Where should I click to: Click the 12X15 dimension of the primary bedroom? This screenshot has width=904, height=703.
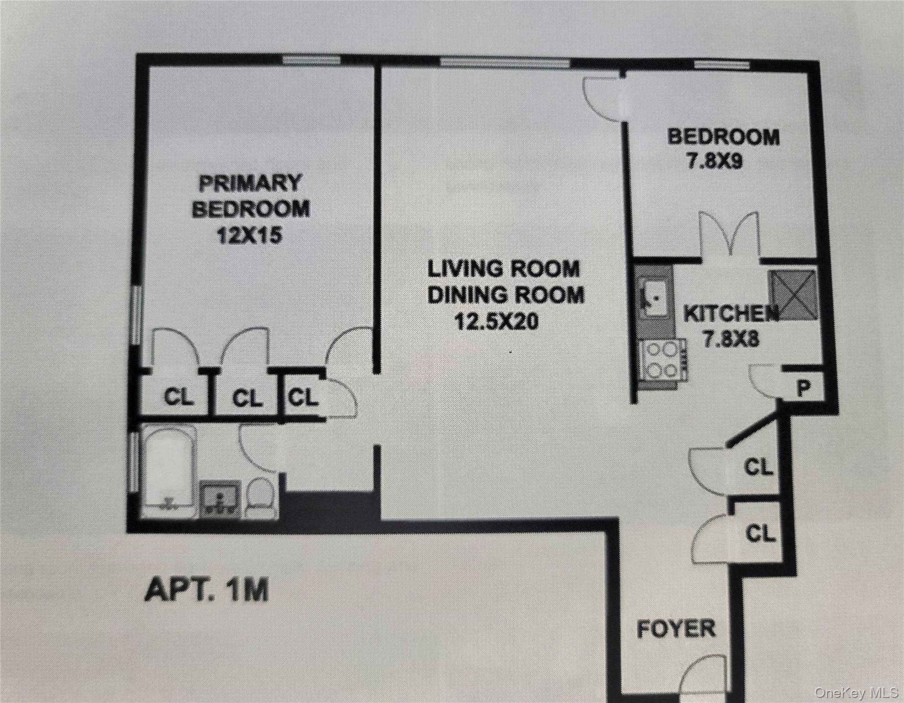(249, 236)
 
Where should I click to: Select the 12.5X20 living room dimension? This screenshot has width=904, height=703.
(497, 321)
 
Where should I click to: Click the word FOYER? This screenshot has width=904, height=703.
(676, 628)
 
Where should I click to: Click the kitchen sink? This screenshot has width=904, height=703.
(654, 298)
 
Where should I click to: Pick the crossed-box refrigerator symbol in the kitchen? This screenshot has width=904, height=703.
(793, 294)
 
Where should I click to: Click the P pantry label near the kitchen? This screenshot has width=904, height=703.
(804, 389)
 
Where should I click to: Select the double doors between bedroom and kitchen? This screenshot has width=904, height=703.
(730, 236)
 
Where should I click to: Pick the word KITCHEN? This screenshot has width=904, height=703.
(731, 314)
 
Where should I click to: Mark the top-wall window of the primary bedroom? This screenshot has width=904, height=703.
(311, 60)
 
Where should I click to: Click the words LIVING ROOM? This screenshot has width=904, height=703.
(504, 269)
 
